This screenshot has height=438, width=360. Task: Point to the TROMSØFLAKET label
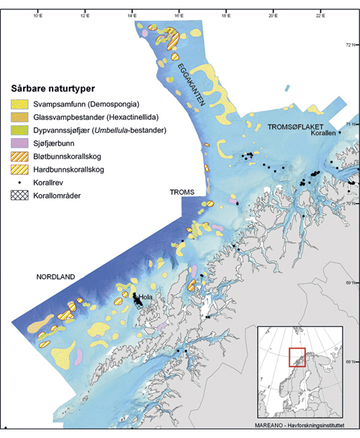pos(292,126)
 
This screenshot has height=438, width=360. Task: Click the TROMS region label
pos(181,193)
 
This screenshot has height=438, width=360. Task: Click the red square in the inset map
pos(298,357)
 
